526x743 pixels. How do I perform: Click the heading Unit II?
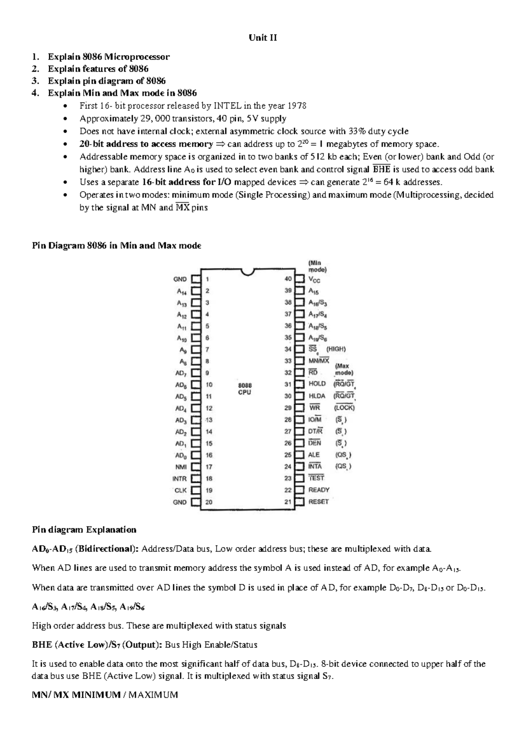click(x=263, y=38)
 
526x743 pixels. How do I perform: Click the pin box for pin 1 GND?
click(x=196, y=279)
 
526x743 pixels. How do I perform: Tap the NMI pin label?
click(x=181, y=467)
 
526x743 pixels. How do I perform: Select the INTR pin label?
click(x=179, y=479)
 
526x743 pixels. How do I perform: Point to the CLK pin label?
click(x=181, y=491)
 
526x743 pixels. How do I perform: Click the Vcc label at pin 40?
click(x=314, y=280)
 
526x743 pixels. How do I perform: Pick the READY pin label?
click(x=319, y=490)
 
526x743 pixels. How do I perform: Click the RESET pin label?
click(x=318, y=502)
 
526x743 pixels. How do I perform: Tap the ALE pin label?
click(x=314, y=455)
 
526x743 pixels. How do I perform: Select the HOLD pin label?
click(x=317, y=384)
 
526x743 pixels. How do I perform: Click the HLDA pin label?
click(x=317, y=396)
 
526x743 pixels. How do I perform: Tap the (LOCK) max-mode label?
click(x=344, y=407)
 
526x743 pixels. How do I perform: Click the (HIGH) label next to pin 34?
click(x=336, y=349)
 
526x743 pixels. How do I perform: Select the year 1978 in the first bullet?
click(x=297, y=106)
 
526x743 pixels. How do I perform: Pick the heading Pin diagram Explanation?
click(x=84, y=530)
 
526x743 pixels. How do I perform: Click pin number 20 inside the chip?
click(x=209, y=502)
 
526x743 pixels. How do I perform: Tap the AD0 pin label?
click(x=181, y=455)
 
